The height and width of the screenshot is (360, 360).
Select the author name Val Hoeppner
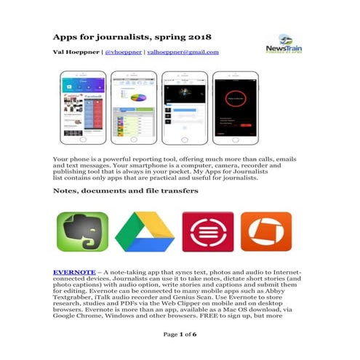tap(76, 52)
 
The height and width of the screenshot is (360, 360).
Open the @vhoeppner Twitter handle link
tap(124, 52)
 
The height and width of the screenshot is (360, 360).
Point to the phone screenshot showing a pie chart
tap(135, 109)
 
